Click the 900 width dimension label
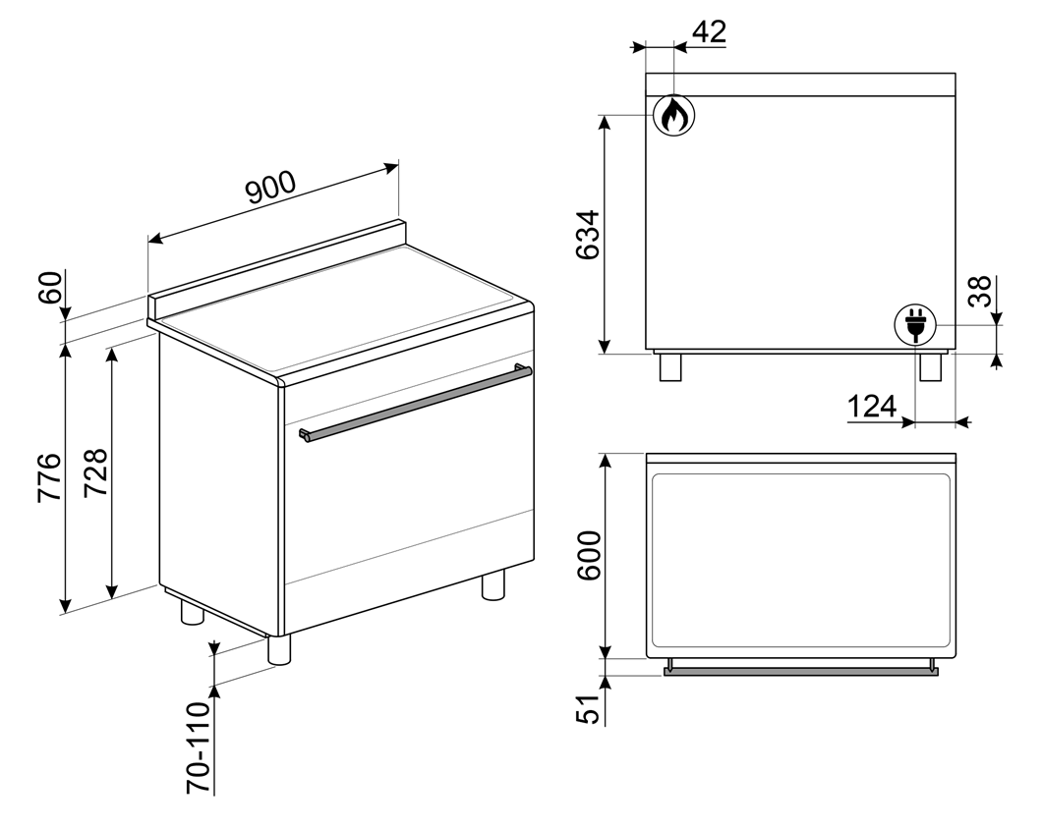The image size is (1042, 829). pos(270,187)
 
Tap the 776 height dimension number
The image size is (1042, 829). pos(50,477)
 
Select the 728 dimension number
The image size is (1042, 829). pos(95,473)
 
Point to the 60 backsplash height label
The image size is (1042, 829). pos(52,287)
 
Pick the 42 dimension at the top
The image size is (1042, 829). pos(709,31)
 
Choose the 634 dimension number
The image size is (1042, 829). pos(588,235)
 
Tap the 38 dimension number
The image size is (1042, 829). pos(979,291)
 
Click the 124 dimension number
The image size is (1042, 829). pos(872,406)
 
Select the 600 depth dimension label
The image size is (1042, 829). pos(589,555)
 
